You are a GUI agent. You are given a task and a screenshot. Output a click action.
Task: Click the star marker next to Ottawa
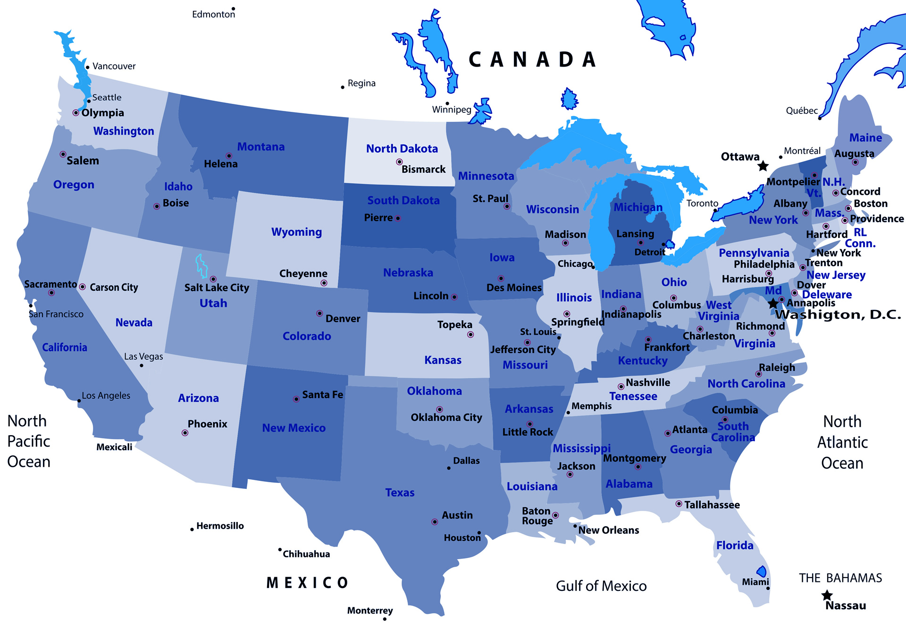(763, 166)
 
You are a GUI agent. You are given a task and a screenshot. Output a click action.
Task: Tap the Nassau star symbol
(827, 595)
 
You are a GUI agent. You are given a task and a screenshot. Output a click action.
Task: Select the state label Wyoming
(296, 232)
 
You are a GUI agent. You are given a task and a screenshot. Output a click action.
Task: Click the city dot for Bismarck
(399, 162)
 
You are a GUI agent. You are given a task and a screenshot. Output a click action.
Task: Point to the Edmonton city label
(213, 14)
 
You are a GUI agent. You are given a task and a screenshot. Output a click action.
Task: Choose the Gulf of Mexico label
(601, 586)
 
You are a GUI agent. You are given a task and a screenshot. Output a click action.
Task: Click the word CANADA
(532, 60)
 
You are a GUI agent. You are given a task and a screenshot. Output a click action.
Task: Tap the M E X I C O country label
(307, 583)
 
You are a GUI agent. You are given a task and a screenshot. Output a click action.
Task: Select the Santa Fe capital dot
(296, 399)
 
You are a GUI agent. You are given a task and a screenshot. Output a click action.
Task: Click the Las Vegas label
(143, 356)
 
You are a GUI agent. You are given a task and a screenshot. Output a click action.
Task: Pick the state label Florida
(735, 545)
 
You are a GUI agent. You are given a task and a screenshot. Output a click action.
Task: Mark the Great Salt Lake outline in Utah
(201, 266)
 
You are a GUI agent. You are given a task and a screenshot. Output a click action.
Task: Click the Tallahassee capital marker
(679, 504)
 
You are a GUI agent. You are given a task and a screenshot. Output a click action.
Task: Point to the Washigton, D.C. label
(838, 314)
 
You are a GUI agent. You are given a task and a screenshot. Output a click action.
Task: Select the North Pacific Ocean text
(28, 441)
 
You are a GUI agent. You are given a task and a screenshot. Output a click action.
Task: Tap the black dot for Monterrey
(385, 619)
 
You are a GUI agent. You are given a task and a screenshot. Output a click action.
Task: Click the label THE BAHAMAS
(840, 578)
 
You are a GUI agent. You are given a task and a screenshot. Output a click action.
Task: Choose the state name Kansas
(443, 360)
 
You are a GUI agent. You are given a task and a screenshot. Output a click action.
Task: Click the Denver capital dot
(319, 313)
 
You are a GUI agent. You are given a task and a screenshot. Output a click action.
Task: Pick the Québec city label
(801, 110)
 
